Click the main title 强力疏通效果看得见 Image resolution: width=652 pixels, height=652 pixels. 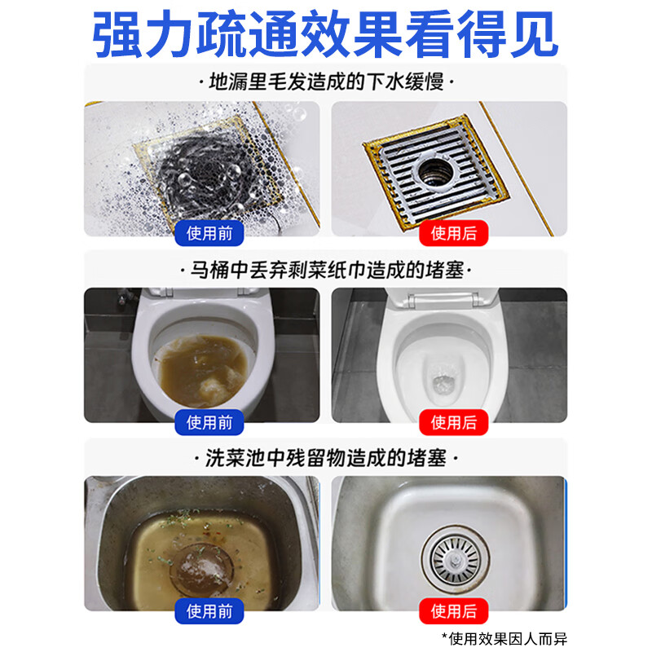pyautogui.click(x=326, y=34)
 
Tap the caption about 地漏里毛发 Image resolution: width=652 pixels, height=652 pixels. pyautogui.click(x=326, y=82)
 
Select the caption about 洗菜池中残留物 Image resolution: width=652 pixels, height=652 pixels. pyautogui.click(x=326, y=457)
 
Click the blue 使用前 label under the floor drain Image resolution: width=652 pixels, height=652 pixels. pyautogui.click(x=209, y=234)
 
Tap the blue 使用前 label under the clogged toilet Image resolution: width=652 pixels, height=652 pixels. pyautogui.click(x=209, y=422)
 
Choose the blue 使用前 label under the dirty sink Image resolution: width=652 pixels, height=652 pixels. pyautogui.click(x=209, y=610)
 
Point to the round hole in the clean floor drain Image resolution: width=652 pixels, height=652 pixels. pyautogui.click(x=438, y=169)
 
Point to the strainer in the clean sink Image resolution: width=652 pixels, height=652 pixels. pyautogui.click(x=453, y=560)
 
